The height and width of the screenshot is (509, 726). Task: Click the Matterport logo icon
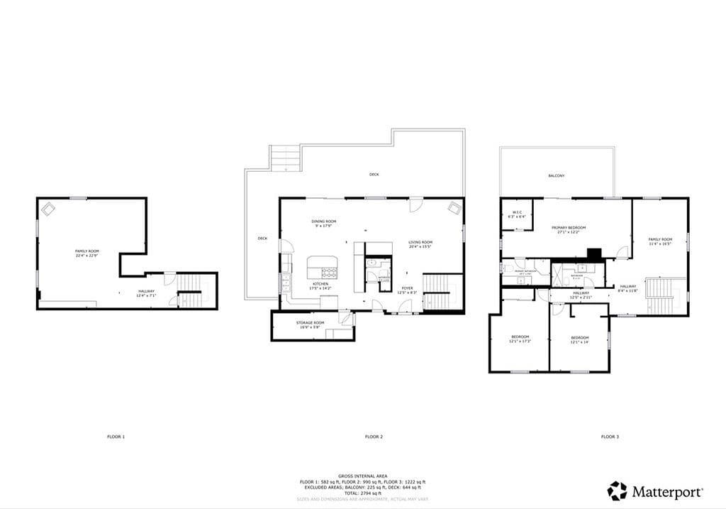[x=617, y=491]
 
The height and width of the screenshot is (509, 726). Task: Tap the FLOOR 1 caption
[x=116, y=437]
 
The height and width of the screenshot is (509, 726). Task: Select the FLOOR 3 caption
[x=609, y=437]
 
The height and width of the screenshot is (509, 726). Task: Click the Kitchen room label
[x=319, y=286]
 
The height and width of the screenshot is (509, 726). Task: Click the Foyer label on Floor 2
[x=407, y=290]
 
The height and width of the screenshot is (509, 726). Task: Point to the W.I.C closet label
[x=517, y=214]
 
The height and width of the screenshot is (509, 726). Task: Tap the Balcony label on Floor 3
[x=557, y=175]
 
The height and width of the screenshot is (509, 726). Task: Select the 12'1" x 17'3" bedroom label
[x=520, y=339]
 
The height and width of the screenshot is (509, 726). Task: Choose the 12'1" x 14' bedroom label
[x=579, y=339]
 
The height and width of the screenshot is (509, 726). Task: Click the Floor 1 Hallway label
[x=147, y=293]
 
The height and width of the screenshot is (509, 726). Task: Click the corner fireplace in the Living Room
[x=454, y=208]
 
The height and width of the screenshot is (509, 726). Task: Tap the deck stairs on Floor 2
[x=285, y=157]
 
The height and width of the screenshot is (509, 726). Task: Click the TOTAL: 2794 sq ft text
[x=362, y=492]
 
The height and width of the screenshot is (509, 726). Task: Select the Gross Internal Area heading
[x=362, y=476]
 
